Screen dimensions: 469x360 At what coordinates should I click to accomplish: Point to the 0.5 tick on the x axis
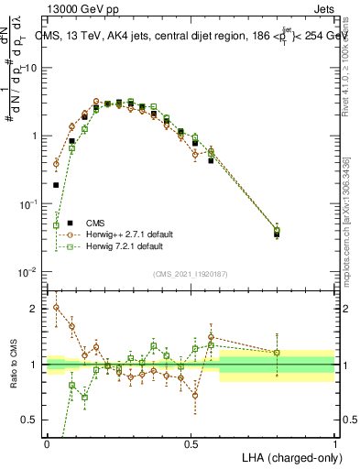pos(191,443)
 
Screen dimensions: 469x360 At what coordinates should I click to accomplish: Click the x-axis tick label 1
pos(334,443)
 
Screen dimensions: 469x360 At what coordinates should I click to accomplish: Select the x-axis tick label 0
pos(47,443)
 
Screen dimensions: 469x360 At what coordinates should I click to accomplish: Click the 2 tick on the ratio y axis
pos(34,309)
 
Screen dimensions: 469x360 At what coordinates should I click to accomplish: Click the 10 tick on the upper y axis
pos(31,68)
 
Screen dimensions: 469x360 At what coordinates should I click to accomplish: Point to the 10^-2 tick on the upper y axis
pos(28,272)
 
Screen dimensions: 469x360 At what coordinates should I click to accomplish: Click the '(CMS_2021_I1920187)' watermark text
pos(191,274)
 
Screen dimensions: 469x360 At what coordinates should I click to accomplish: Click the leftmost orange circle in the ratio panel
pos(57,308)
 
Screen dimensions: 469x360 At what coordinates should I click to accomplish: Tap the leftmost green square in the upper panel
pos(57,225)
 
